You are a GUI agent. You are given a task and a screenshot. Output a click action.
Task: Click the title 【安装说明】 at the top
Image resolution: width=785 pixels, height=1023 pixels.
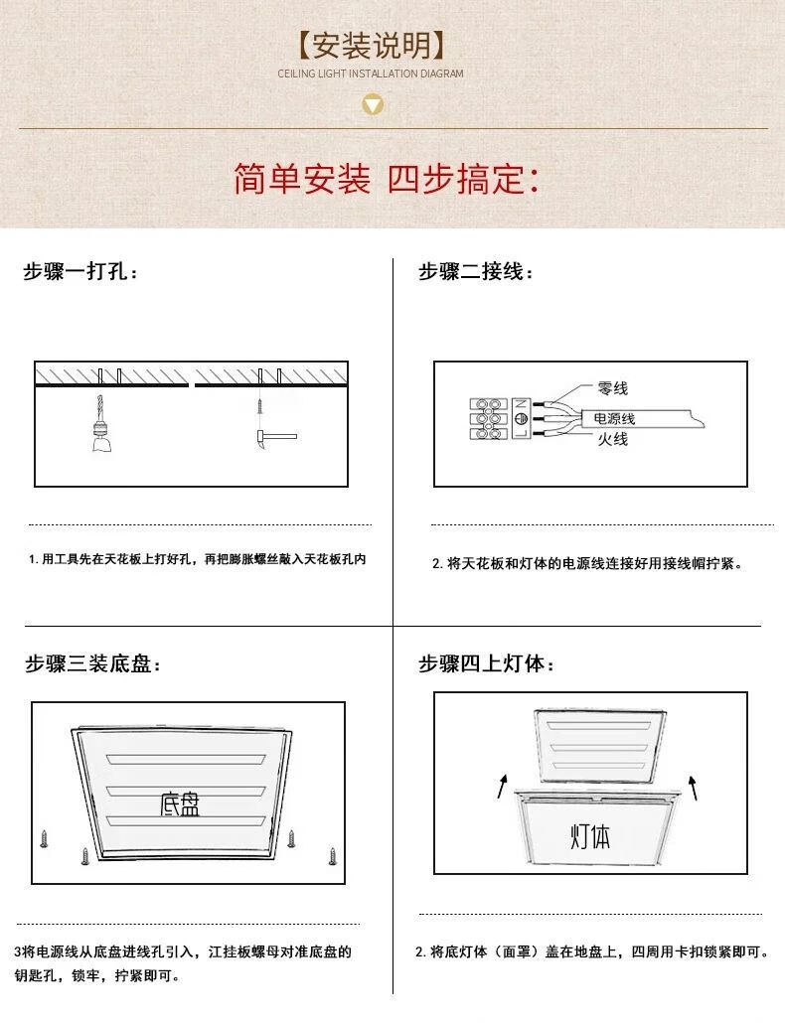[372, 46]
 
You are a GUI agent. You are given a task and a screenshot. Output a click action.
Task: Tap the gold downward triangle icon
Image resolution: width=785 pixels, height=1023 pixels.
[373, 104]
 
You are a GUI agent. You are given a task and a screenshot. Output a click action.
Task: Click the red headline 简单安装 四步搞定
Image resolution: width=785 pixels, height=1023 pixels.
[387, 178]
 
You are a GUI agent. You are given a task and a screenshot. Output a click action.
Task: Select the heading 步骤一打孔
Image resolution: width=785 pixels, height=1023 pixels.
[80, 271]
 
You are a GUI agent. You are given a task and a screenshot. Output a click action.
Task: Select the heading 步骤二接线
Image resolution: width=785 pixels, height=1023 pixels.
[475, 271]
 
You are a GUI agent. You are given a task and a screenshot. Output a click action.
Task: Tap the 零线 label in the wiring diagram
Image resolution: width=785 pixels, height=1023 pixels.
[613, 389]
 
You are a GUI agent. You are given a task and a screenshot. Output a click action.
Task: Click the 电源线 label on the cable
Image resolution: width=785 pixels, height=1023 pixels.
[614, 418]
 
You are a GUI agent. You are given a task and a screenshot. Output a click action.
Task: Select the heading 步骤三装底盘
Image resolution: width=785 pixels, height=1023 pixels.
[92, 664]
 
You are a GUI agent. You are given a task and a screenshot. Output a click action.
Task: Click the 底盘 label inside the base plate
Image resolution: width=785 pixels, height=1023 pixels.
[180, 804]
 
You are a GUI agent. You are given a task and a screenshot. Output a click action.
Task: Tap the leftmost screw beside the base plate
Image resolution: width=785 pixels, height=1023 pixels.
[44, 839]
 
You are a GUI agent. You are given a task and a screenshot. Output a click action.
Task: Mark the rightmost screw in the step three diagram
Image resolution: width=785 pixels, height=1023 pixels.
[333, 856]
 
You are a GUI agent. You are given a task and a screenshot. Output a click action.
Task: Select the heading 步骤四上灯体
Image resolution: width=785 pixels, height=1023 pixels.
[486, 664]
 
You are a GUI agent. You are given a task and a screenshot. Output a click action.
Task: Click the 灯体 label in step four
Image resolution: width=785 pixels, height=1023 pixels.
[590, 837]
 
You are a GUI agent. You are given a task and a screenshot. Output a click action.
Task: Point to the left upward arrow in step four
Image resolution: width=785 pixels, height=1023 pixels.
[502, 786]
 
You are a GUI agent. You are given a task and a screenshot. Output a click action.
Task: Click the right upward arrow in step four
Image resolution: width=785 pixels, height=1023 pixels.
[693, 788]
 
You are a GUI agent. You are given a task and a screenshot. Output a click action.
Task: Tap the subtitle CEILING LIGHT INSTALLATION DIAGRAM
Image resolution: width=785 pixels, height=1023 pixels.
[371, 73]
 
